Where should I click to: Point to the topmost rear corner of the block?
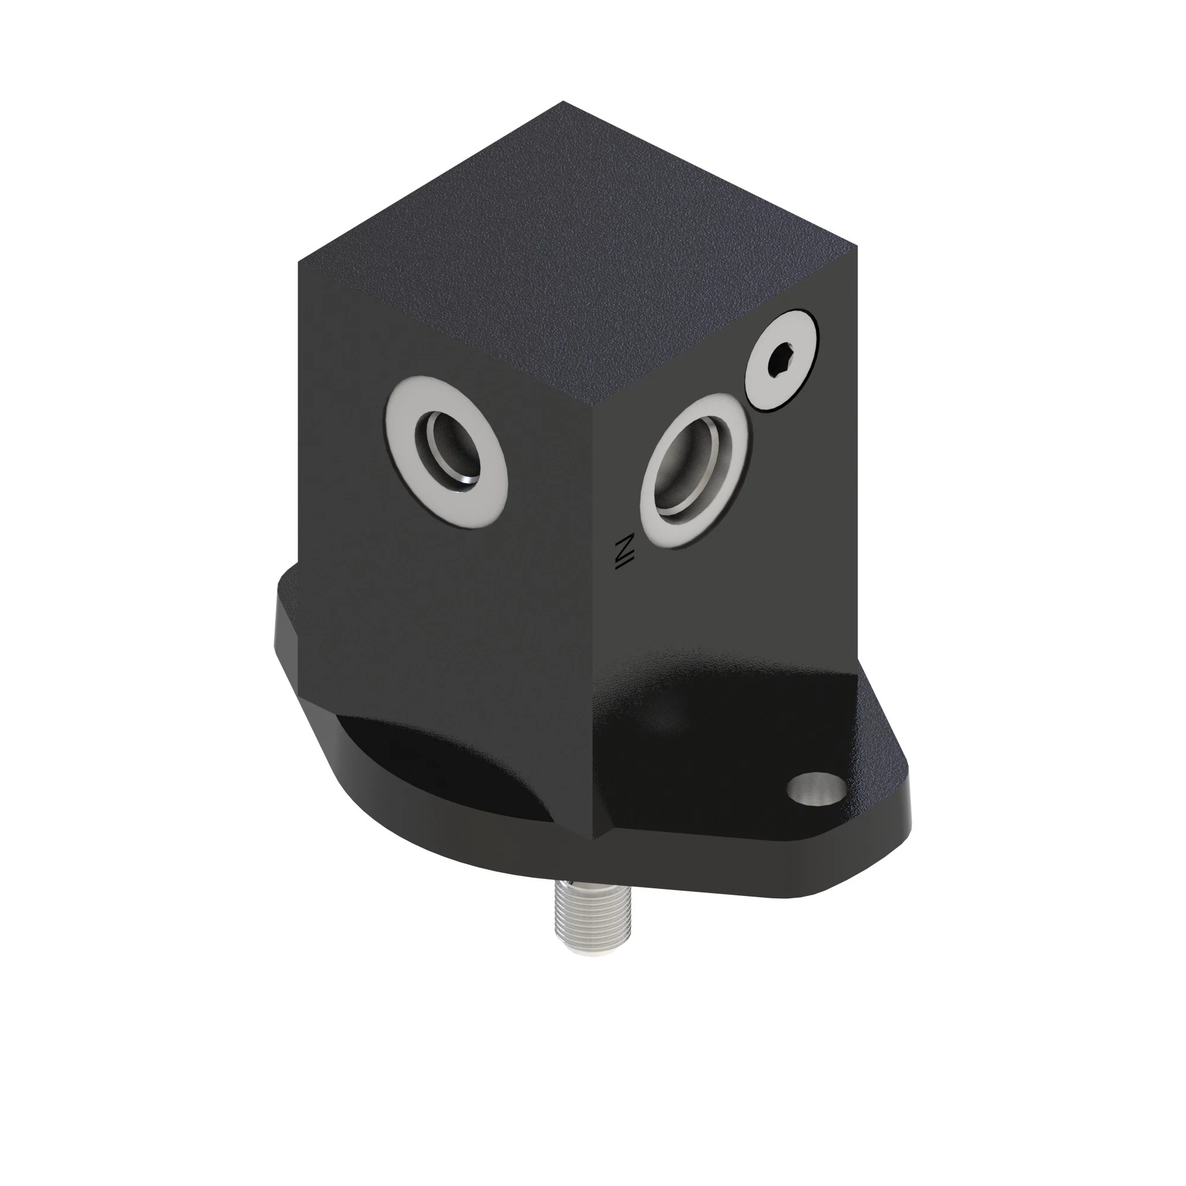pos(563,102)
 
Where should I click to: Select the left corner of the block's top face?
pos(299,263)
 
